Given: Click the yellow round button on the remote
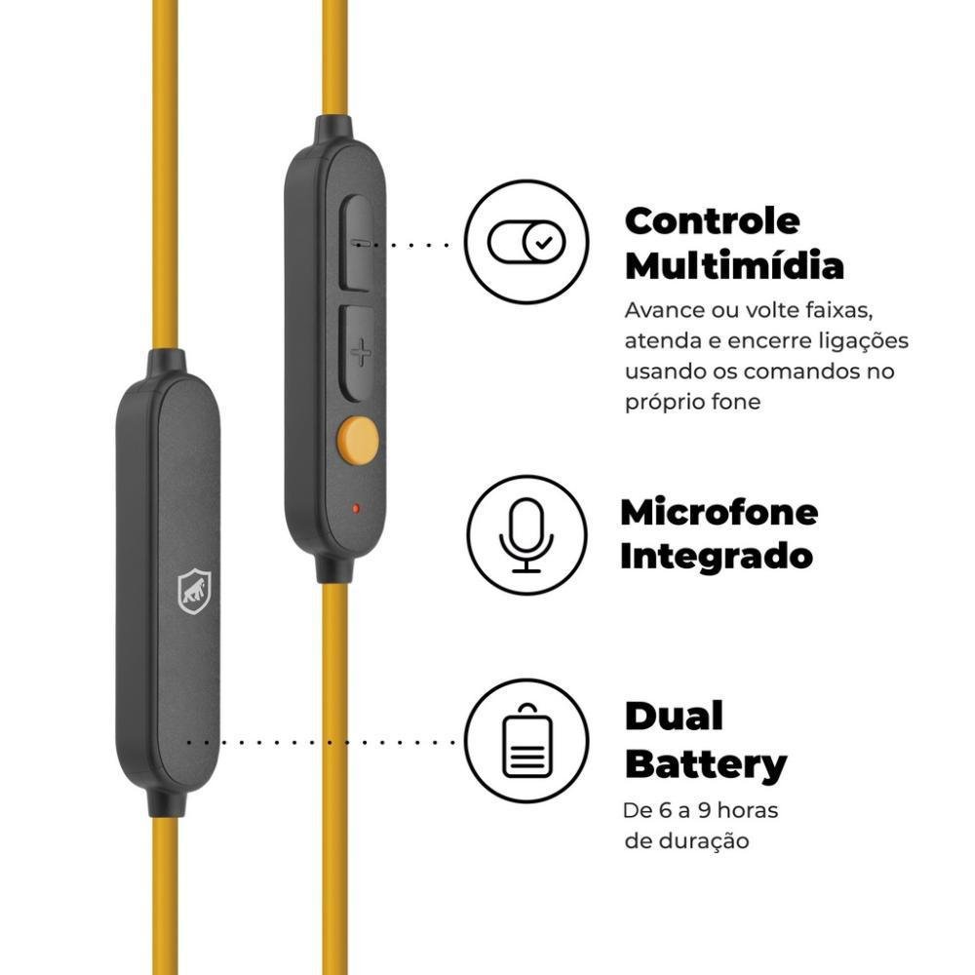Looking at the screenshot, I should click(358, 440).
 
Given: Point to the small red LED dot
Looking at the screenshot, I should click(356, 508).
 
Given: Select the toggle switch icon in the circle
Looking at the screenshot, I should click(526, 241).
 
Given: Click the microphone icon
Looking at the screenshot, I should click(526, 535).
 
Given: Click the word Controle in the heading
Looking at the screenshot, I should click(712, 220).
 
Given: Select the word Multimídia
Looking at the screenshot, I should click(733, 265).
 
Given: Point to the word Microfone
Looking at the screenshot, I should click(719, 511).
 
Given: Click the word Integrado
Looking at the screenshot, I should click(716, 556).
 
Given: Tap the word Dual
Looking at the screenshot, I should click(674, 717).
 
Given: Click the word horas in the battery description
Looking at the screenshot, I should click(744, 810).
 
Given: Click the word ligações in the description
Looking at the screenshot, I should click(860, 340).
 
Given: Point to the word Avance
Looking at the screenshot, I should click(663, 310).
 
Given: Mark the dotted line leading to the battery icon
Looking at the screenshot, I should click(322, 741).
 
